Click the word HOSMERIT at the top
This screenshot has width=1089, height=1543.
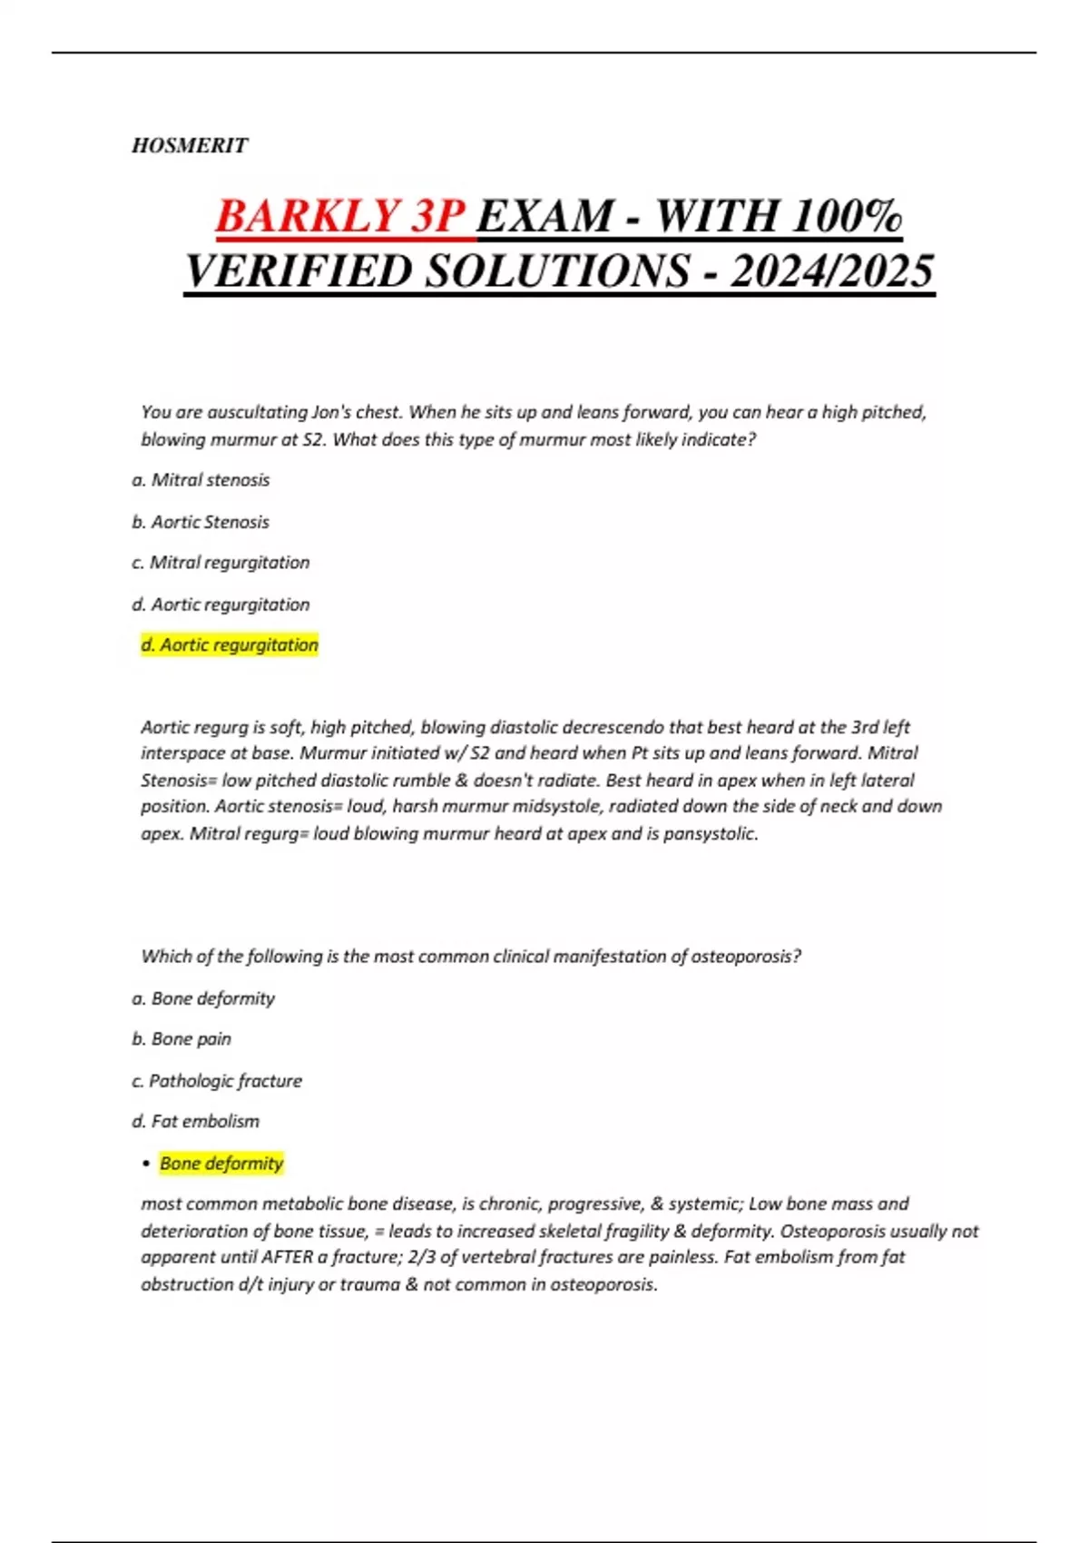(190, 145)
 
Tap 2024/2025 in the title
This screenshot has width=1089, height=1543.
(831, 270)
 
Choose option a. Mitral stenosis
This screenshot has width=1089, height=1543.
(201, 480)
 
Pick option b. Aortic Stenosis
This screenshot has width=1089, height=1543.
(201, 522)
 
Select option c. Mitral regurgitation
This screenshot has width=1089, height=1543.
(221, 563)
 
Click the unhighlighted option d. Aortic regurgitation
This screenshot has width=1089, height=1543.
(221, 604)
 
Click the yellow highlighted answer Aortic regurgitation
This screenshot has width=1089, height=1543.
(230, 645)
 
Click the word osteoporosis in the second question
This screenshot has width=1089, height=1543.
(741, 957)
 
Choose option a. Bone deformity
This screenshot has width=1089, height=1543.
(203, 998)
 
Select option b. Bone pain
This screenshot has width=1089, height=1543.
(181, 1039)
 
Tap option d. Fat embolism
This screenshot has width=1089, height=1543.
(195, 1122)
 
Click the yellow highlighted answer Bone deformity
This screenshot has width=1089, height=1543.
(221, 1164)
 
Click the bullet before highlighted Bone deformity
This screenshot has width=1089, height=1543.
(146, 1165)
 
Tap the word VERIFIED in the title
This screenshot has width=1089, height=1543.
(300, 270)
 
